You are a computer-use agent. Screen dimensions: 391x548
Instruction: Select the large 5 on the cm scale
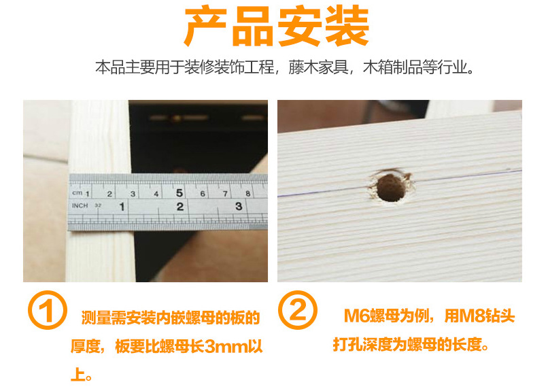point(179,192)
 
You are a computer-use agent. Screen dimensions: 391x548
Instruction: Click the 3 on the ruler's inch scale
point(239,205)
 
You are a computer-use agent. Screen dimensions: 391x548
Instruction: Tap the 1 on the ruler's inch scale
point(122,205)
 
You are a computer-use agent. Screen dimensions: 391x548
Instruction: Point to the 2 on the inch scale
point(180,205)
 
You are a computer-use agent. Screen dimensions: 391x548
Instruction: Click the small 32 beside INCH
point(99,205)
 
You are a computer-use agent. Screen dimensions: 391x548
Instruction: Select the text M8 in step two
point(474,317)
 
